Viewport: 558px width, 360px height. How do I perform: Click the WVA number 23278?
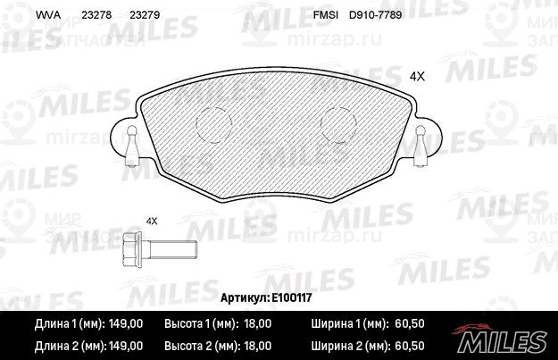[96, 15]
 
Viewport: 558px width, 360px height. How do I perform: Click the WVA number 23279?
[145, 15]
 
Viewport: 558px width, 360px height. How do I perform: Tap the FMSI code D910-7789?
[376, 15]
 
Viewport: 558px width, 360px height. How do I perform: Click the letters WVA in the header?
[48, 15]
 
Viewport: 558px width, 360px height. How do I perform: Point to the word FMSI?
[326, 15]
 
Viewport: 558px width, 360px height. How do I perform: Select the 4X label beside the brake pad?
[417, 77]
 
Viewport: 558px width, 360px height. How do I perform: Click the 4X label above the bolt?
[152, 222]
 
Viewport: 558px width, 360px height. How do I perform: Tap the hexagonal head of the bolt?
[131, 249]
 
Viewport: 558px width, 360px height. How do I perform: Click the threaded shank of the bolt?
[173, 249]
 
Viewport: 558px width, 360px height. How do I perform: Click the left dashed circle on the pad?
[196, 124]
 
